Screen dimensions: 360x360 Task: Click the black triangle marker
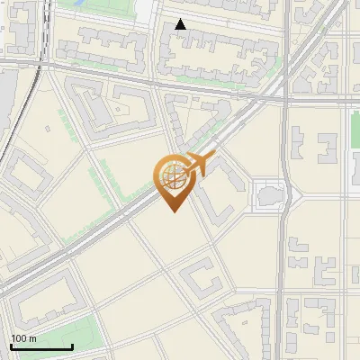pos(181,24)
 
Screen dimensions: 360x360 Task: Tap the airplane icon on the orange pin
pos(198,165)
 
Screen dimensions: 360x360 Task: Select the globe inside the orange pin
pos(173,175)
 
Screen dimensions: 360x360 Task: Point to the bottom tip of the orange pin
pos(173,211)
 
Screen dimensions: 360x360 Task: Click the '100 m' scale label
pos(24,338)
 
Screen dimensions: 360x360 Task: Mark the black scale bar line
pos(41,346)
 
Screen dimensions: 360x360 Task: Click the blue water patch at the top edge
pos(77,4)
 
